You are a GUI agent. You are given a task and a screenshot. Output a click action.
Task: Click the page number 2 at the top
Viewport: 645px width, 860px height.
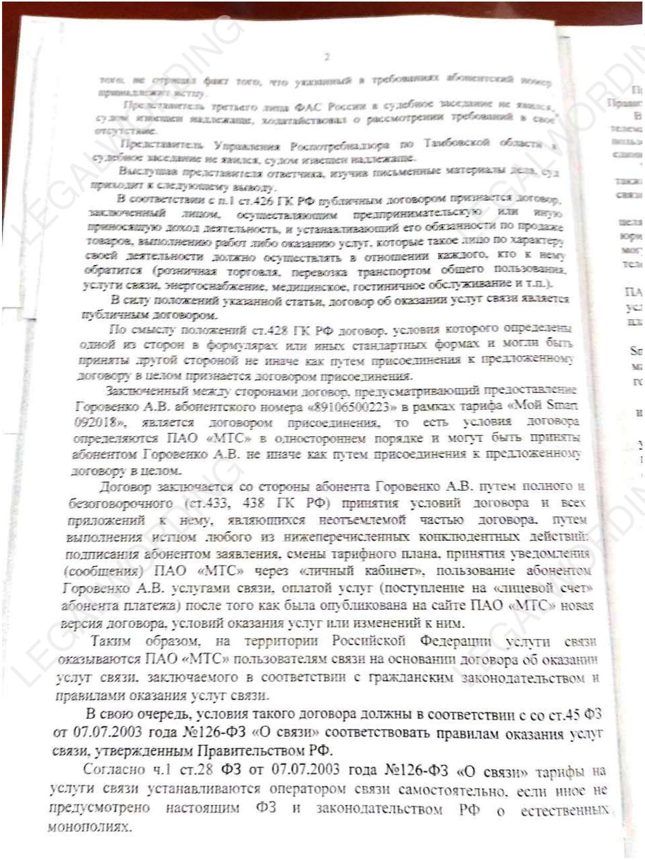pyautogui.click(x=327, y=57)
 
